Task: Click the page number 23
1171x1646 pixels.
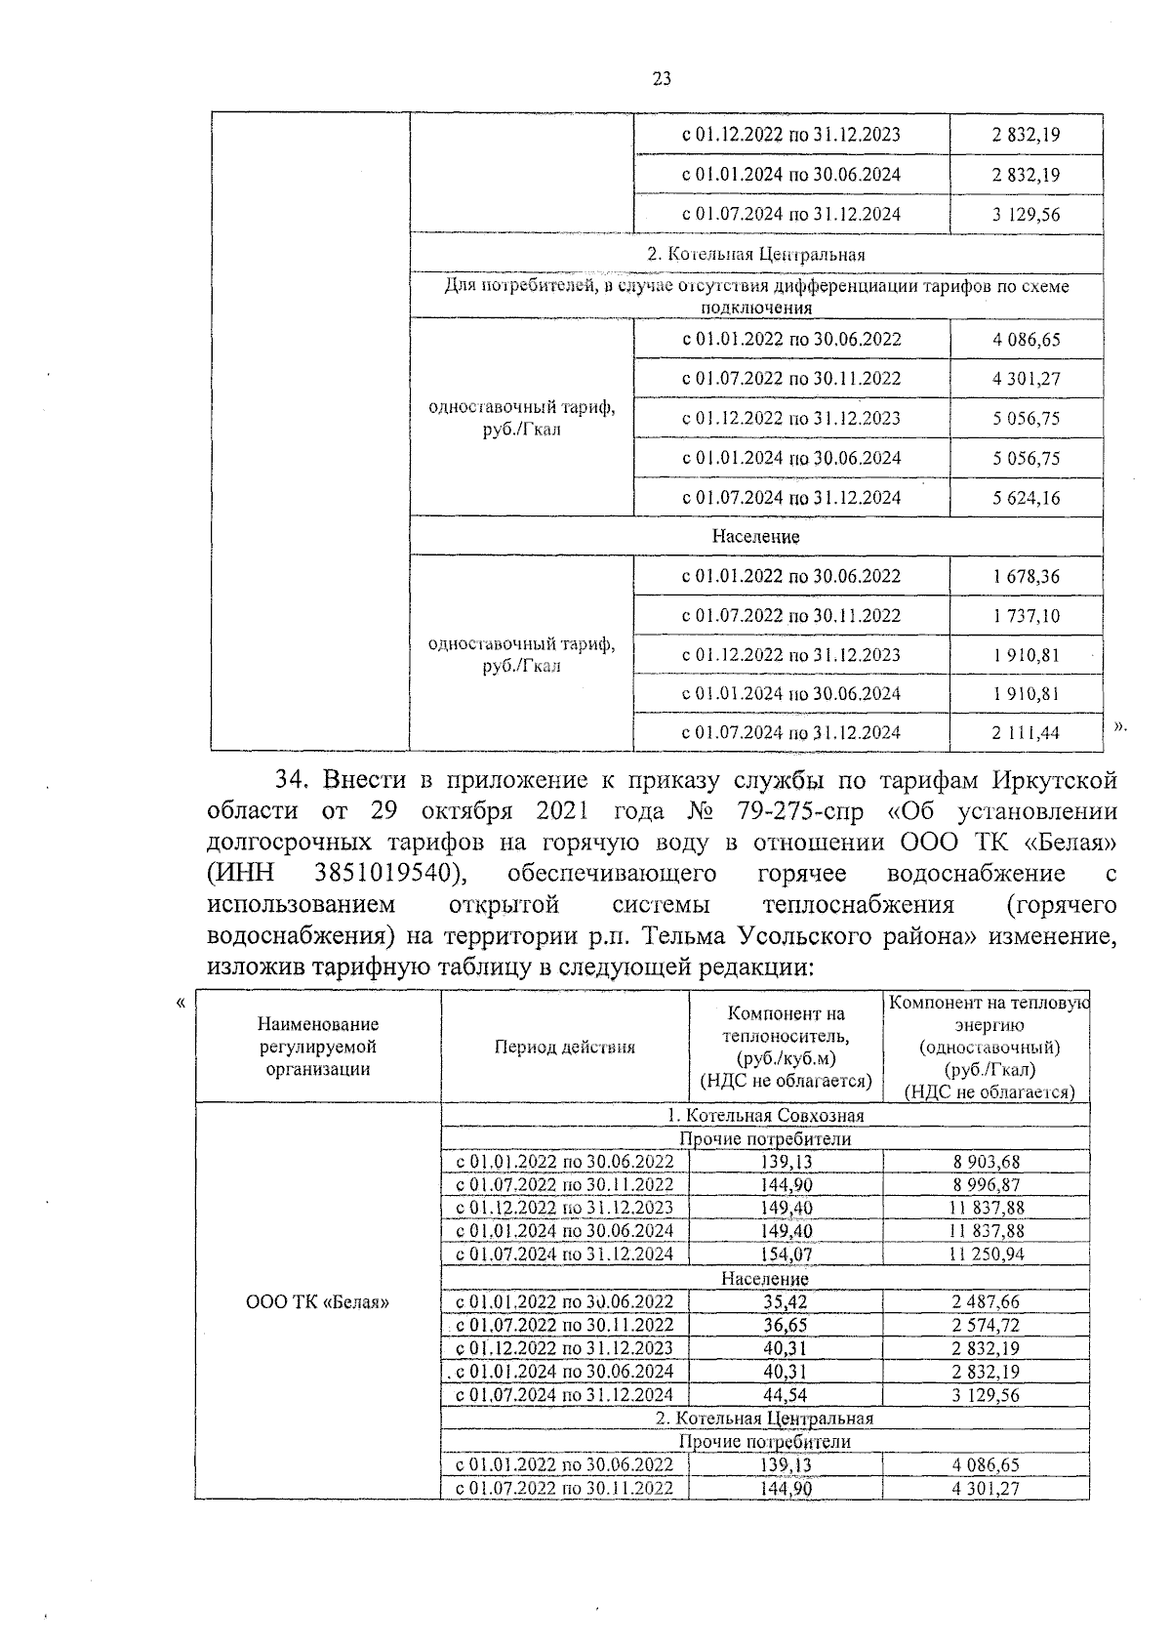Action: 661,79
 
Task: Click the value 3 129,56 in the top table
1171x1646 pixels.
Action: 1026,215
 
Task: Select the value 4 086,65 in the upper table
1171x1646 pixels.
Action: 1026,340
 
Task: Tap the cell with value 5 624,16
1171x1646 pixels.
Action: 1026,498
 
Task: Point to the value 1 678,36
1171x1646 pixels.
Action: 1026,576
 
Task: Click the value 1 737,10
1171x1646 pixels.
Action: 1026,616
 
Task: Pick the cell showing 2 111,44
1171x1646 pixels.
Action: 1026,733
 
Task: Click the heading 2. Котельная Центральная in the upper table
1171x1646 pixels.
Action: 756,254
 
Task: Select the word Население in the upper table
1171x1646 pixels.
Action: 755,536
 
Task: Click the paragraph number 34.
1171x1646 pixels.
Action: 292,779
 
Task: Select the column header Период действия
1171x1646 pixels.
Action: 564,1047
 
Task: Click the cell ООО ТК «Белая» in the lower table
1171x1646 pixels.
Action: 317,1301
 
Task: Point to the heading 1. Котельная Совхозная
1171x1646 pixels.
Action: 765,1115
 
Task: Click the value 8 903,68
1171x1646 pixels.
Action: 986,1162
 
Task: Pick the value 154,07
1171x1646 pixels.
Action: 786,1254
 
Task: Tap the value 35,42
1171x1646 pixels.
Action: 786,1301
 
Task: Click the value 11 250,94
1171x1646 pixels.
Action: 986,1254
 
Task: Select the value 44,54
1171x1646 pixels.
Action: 786,1394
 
